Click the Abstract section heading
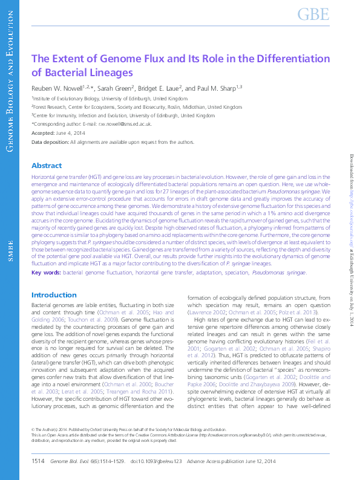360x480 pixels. [x=47, y=166]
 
